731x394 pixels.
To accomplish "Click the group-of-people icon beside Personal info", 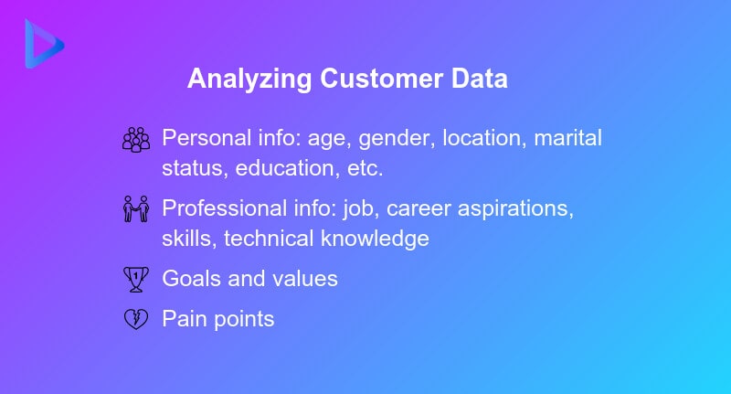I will pyautogui.click(x=135, y=139).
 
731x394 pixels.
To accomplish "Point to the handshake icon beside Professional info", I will pyautogui.click(x=135, y=209).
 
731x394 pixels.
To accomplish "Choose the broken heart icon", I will pyautogui.click(x=135, y=319).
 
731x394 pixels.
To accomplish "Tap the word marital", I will pyautogui.click(x=568, y=139).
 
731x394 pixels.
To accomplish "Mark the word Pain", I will pyautogui.click(x=183, y=319).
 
